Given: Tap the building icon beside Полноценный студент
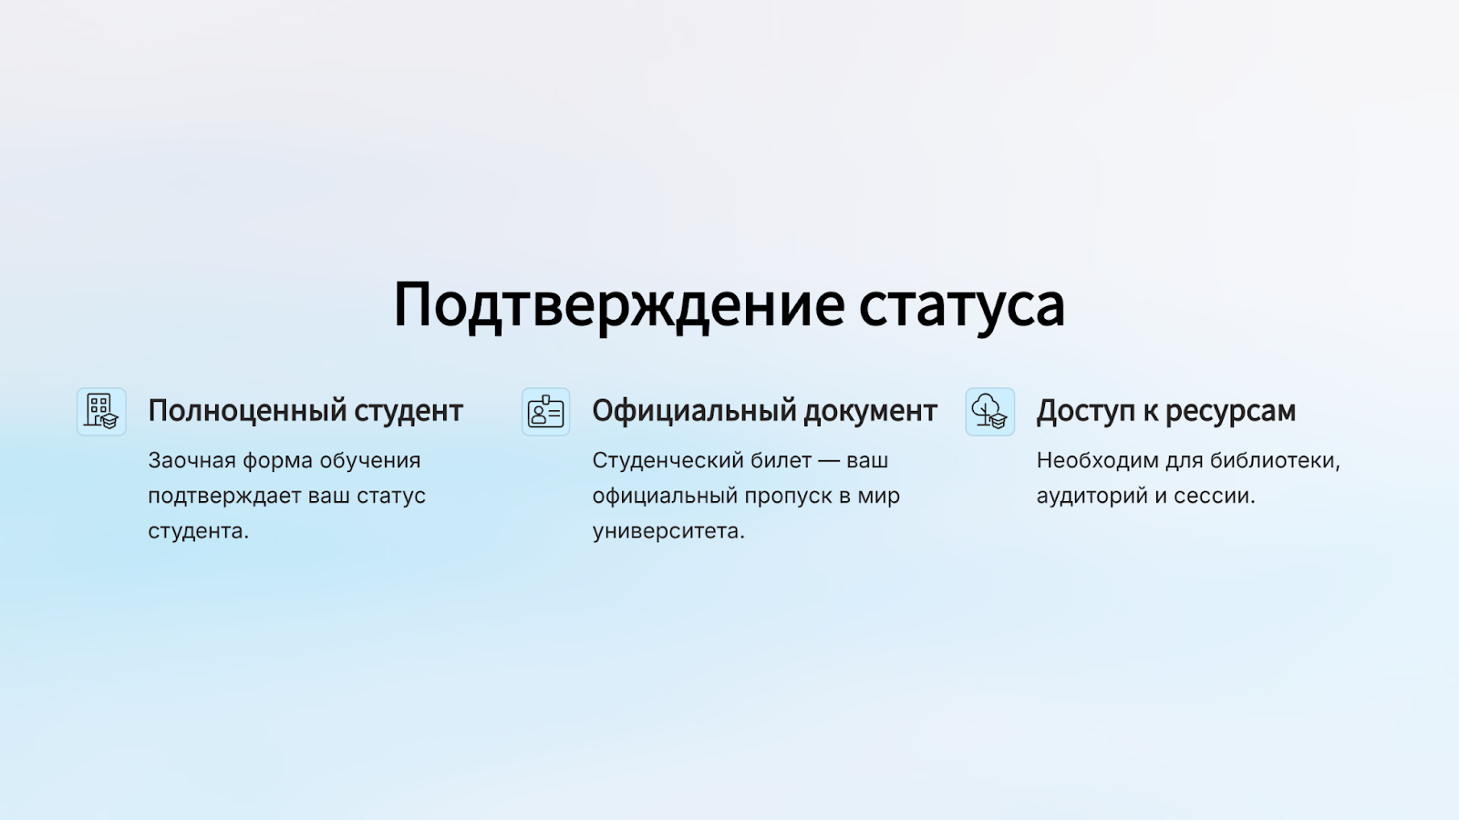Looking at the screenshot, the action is [x=101, y=412].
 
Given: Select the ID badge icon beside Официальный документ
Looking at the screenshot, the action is [x=546, y=412].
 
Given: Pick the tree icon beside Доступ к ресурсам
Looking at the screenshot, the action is [x=990, y=412].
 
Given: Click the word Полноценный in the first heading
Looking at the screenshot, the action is [x=247, y=411].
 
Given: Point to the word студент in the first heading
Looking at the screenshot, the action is [x=409, y=411].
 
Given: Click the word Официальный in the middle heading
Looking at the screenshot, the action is [x=694, y=411].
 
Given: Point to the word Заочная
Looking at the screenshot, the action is [x=192, y=461].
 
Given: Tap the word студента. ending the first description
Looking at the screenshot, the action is [x=199, y=532].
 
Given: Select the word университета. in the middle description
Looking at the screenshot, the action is [x=668, y=532].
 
